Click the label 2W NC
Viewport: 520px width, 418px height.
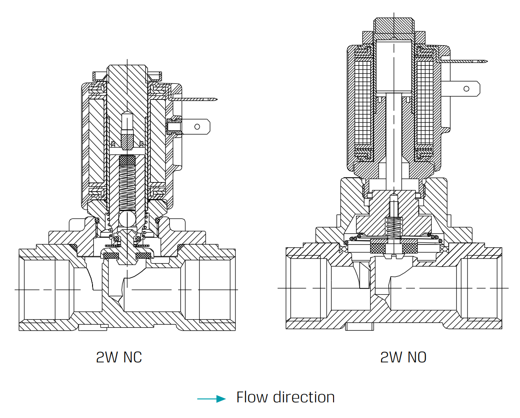point(119,357)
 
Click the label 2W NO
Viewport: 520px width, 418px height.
point(403,357)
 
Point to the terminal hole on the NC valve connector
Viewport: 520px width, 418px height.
point(197,127)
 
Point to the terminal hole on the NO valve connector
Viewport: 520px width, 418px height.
point(466,89)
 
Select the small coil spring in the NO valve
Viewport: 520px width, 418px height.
point(393,226)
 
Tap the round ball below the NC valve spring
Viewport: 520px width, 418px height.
point(127,217)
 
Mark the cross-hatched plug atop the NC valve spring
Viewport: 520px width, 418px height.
point(127,160)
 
